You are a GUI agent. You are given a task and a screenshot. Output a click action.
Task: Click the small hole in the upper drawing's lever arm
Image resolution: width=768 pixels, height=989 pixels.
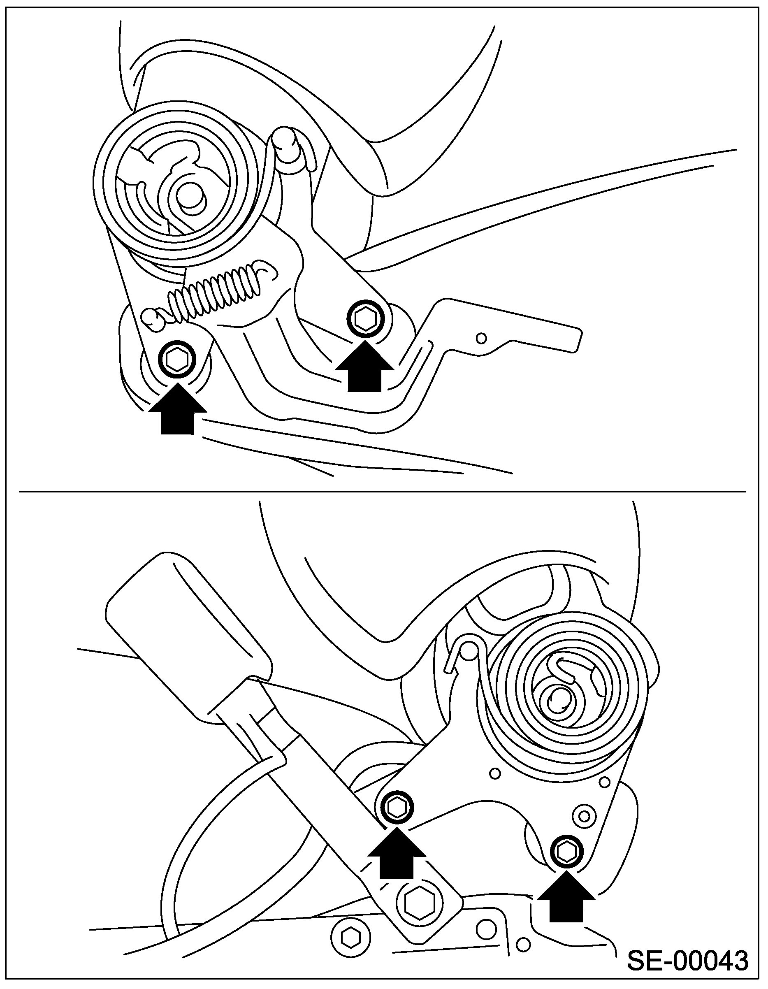click(482, 337)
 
